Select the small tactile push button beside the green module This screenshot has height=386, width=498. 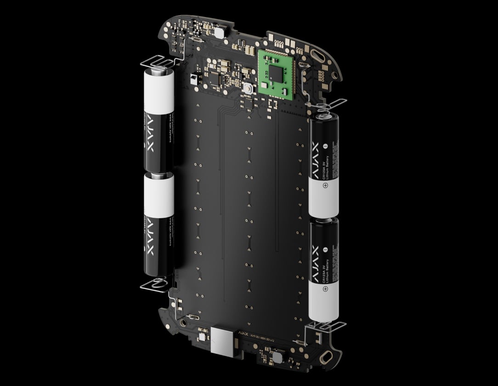[x=248, y=89]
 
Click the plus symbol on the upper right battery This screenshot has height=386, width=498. [x=325, y=186]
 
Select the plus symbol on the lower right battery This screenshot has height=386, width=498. [x=326, y=289]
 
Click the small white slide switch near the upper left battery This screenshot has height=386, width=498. [x=193, y=79]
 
